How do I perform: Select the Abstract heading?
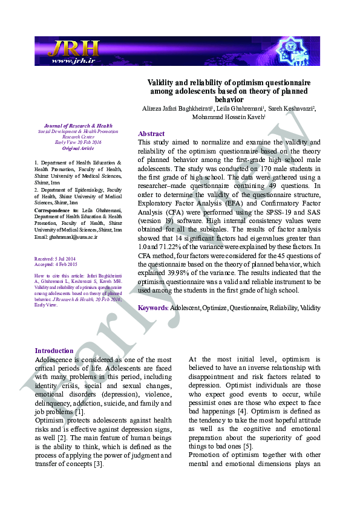tap(151, 134)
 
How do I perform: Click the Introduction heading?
tap(54, 351)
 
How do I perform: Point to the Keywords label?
tap(153, 308)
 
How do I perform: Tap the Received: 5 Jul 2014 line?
tap(56, 259)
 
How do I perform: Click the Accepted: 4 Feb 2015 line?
tap(56, 265)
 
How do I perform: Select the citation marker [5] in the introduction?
tap(247, 446)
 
